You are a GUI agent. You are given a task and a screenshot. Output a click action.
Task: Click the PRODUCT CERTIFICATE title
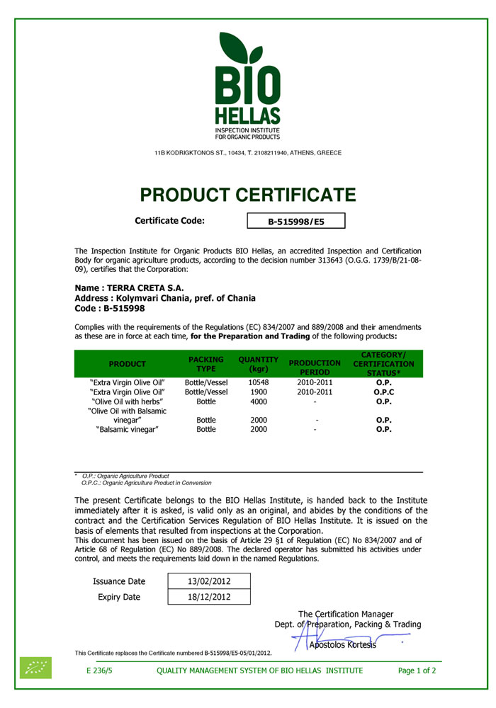247,195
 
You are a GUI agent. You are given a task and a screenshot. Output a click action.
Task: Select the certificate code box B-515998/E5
295,222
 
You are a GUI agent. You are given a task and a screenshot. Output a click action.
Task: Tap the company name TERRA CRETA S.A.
129,288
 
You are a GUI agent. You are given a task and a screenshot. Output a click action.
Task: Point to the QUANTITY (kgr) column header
259,364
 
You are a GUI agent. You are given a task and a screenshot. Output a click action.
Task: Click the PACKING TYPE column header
206,364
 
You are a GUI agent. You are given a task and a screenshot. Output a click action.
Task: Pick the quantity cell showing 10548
259,382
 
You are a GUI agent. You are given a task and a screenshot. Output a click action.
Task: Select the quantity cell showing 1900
259,392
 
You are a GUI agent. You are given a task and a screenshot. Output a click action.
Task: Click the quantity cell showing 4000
259,401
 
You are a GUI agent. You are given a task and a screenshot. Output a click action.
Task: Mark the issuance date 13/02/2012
209,581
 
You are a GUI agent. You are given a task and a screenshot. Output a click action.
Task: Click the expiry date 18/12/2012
209,597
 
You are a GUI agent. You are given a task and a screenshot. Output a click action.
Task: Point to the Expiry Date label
119,597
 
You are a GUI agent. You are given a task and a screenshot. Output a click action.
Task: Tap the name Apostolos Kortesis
342,644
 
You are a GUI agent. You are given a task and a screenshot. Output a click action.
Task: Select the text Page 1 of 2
417,670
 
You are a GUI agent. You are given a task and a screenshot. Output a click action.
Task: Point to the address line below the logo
247,153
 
